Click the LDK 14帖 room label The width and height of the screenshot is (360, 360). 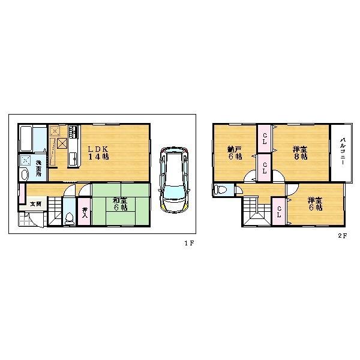(x=99, y=153)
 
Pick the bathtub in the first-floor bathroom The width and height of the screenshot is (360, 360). (x=26, y=139)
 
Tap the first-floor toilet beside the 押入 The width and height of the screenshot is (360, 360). (x=70, y=218)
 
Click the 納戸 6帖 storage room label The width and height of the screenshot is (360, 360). (x=234, y=152)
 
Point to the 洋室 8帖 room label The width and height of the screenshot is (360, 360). (x=299, y=152)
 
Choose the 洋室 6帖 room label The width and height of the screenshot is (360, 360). (x=315, y=204)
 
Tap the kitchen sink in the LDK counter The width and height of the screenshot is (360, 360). (x=73, y=159)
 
